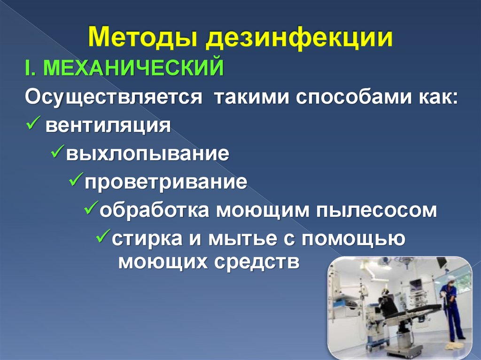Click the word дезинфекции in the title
tap(299, 38)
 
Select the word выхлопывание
tap(147, 154)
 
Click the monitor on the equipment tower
tap(416, 285)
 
